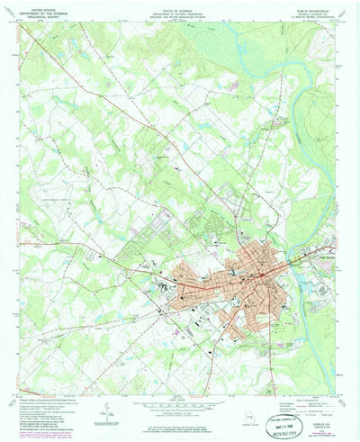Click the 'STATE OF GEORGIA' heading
pos(180,5)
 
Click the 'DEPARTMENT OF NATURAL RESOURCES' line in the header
pos(180,10)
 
